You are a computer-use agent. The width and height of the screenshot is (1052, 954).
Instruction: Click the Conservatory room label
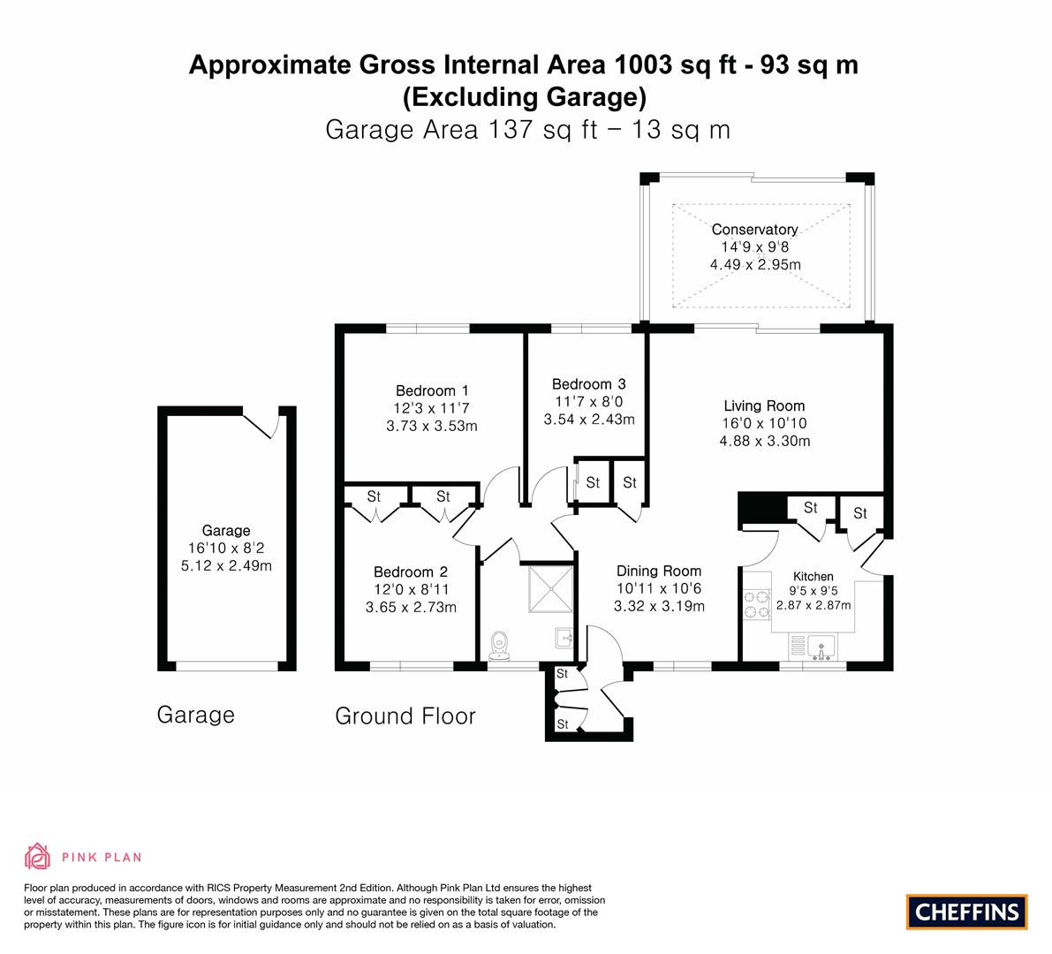pos(755,230)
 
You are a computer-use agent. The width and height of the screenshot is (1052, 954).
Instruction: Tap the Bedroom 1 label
pos(432,390)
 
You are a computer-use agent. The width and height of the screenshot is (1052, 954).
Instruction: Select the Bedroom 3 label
pos(588,383)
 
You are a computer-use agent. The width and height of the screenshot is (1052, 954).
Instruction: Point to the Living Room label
pos(764,405)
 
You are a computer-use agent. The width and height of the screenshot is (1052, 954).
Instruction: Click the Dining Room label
pos(659,571)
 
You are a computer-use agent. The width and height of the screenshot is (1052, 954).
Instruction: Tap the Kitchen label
pos(814,576)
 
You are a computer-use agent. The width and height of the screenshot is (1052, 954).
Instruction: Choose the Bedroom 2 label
pos(411,572)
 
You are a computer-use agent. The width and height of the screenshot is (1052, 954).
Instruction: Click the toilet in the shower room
pos(498,646)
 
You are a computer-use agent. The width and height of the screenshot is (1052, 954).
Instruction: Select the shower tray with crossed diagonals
pos(550,590)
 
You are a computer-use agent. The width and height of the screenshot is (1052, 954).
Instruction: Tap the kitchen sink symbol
pos(821,647)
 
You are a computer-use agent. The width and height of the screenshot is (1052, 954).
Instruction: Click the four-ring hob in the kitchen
pos(757,604)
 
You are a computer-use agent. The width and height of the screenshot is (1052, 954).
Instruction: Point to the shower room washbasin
pos(564,638)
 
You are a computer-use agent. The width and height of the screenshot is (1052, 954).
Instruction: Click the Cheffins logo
pos(967,912)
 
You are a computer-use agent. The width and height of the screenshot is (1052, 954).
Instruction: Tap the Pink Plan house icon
pos(38,856)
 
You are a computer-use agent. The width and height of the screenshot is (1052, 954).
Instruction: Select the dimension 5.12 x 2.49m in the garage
pos(226,565)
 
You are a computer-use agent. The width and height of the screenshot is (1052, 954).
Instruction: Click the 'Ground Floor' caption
pos(405,715)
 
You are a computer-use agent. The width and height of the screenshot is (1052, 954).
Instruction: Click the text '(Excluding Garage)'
pos(524,96)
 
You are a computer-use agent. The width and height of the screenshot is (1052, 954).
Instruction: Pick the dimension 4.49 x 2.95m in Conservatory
pos(755,264)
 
